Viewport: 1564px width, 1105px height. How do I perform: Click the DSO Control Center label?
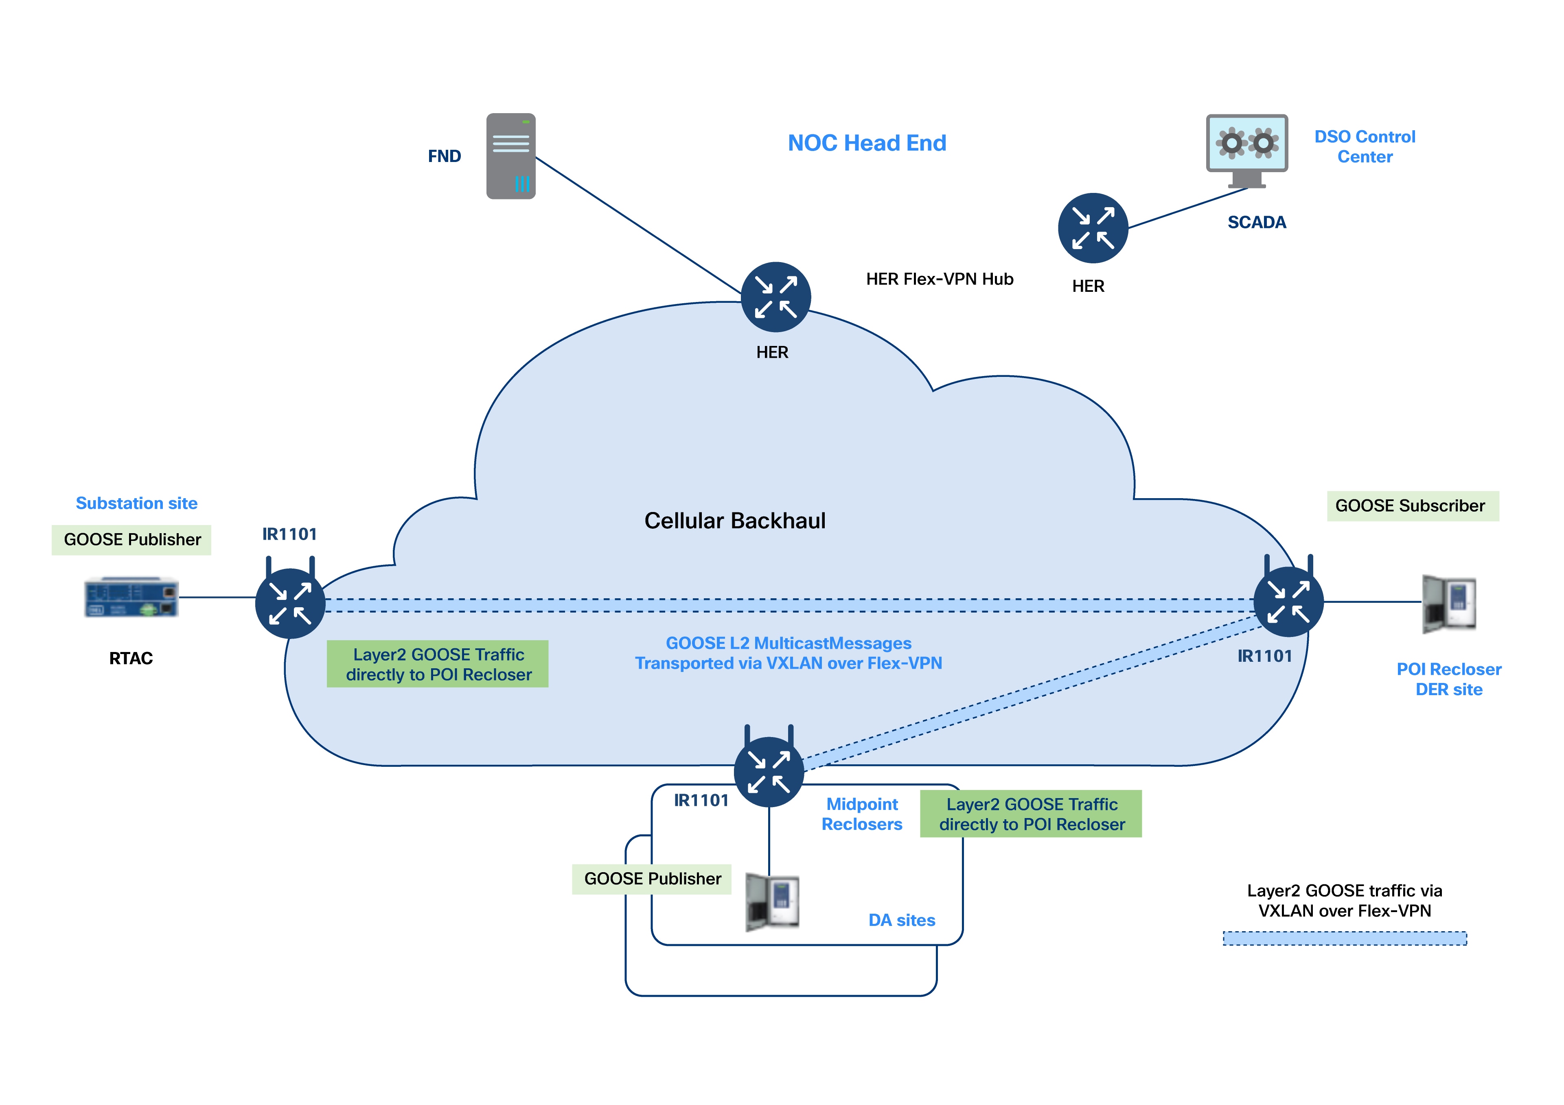[1365, 147]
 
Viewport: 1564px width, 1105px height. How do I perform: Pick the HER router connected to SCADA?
[1093, 228]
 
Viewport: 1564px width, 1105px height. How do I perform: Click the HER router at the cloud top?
[775, 297]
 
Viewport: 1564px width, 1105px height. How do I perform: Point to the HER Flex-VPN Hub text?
[940, 279]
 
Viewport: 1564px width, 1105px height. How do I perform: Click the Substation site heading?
[136, 503]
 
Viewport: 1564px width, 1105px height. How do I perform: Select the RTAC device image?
[131, 597]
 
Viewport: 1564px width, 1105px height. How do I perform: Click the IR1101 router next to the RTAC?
[290, 603]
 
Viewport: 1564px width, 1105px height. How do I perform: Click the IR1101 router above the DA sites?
[769, 772]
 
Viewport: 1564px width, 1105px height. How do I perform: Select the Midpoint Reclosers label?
[862, 814]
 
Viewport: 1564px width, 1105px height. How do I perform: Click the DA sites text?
[901, 920]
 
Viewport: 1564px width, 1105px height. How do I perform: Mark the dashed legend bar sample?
[1344, 939]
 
